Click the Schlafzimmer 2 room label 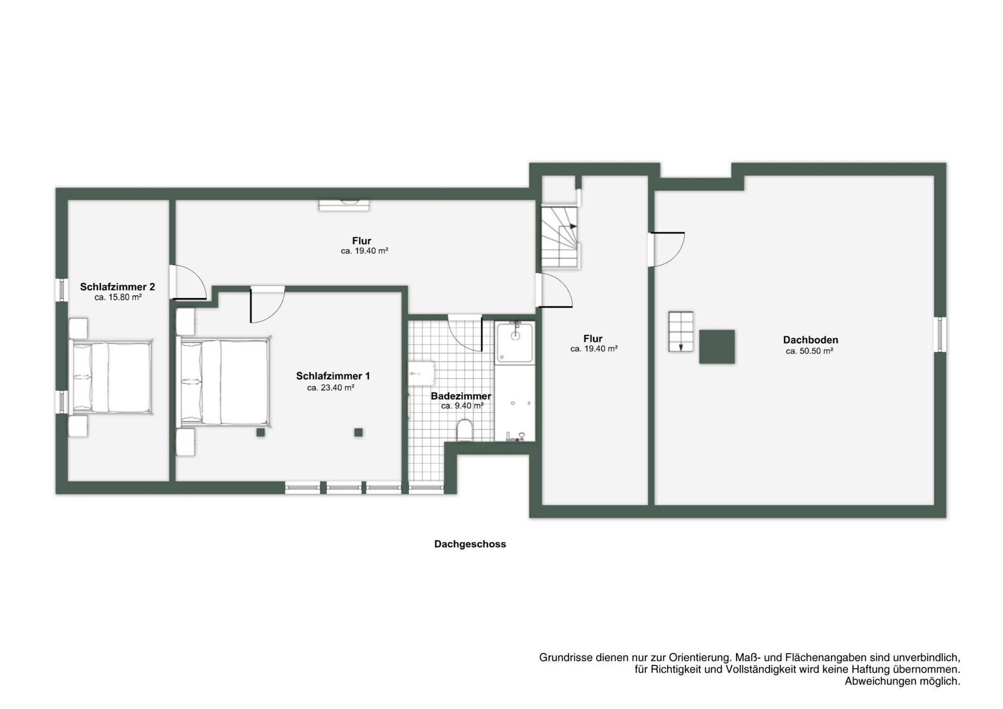coord(118,287)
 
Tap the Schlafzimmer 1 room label coord(333,376)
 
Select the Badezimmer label coord(461,396)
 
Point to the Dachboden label coord(810,340)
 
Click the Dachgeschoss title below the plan coord(470,544)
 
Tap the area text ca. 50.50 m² coord(809,351)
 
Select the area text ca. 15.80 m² coord(118,297)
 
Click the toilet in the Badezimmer coord(464,431)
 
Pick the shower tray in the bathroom coord(515,343)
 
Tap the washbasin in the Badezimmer coord(422,374)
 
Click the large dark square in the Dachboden coord(717,346)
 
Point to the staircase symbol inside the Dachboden coord(681,332)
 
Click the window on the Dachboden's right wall coord(940,334)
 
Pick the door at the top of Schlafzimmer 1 coord(267,305)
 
